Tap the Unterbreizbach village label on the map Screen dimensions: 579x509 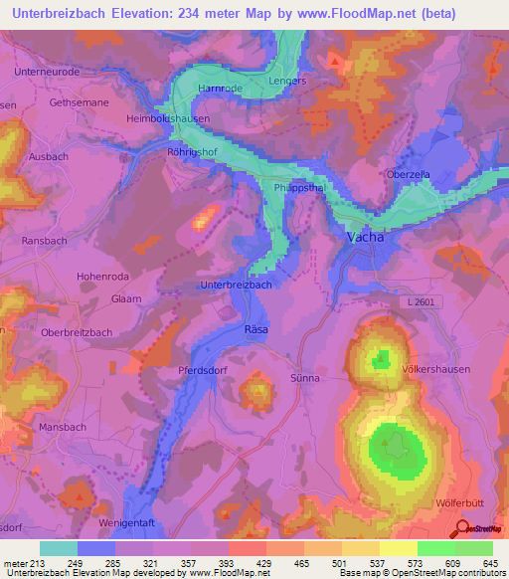point(236,285)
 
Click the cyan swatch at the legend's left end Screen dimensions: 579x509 point(58,548)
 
